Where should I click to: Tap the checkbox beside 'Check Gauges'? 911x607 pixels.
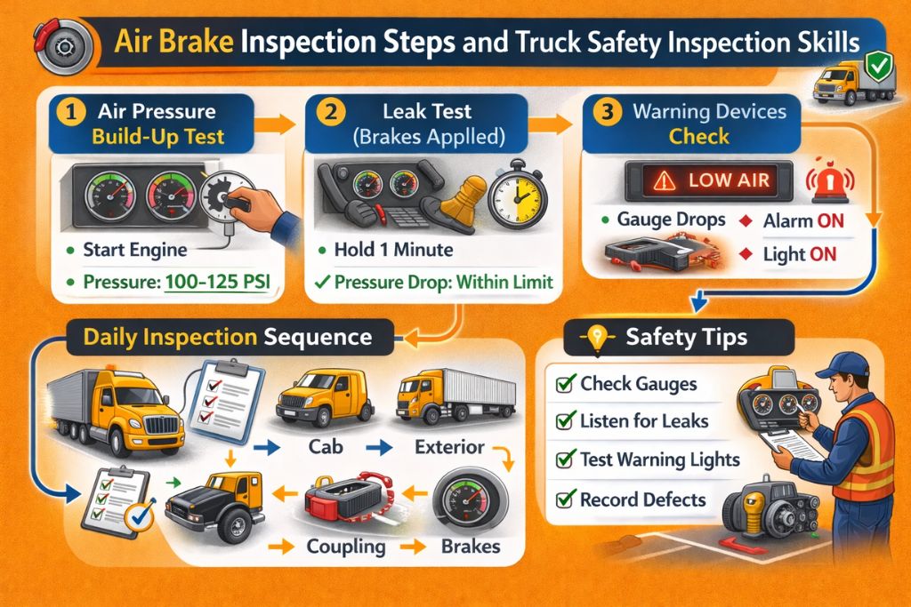coord(563,384)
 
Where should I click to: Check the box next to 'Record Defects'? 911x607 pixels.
coord(563,499)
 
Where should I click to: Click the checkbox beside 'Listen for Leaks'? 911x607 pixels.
coord(563,421)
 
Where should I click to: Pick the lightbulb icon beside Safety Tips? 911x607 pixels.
coord(596,338)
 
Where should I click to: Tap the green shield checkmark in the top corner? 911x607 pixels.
coord(878,65)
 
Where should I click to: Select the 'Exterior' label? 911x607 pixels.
coord(449,446)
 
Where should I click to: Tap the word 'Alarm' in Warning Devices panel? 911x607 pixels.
coord(787,220)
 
